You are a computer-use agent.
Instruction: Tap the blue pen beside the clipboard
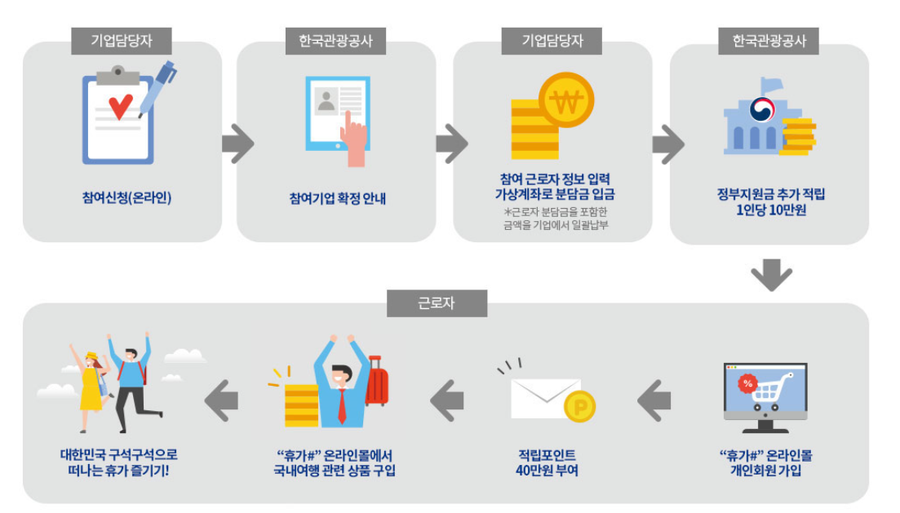point(158,86)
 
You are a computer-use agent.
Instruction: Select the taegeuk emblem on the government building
point(762,109)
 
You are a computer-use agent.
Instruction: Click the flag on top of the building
point(771,84)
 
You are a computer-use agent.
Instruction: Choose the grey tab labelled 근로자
point(437,303)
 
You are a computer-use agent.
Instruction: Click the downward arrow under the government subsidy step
point(771,275)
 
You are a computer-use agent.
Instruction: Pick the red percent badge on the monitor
point(746,383)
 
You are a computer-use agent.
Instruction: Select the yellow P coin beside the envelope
point(580,406)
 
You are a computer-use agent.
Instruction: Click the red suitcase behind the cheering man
point(377,380)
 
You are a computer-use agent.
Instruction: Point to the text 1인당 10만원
point(770,210)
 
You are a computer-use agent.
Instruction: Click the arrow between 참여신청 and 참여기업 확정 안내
point(237,144)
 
